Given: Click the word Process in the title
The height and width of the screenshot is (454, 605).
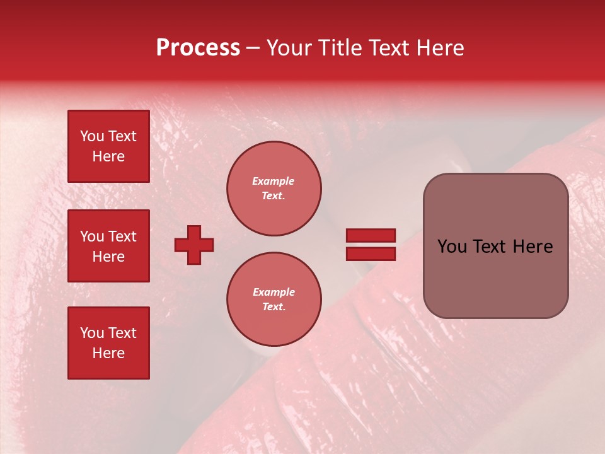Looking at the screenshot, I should click(198, 48).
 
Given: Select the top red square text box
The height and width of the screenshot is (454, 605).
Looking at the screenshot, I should click(108, 146).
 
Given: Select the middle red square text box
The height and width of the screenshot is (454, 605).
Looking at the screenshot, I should click(108, 246).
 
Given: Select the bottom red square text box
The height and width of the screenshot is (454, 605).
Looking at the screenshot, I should click(108, 343).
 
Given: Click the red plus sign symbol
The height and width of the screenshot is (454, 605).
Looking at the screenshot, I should click(194, 245).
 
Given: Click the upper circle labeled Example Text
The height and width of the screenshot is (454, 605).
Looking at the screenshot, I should click(274, 189).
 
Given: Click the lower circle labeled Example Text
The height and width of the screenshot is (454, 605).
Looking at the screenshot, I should click(274, 300).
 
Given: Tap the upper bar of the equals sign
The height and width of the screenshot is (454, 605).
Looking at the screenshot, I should click(371, 236).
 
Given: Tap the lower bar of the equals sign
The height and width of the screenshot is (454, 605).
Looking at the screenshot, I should click(371, 254).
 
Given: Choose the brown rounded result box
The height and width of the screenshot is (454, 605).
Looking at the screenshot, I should click(495, 246).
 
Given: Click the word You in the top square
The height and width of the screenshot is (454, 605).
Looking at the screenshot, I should click(92, 136).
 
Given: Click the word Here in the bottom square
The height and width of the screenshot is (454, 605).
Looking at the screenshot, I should click(108, 353).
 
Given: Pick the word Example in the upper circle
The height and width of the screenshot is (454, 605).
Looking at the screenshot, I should click(274, 181).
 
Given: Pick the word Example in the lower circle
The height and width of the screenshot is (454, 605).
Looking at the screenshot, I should click(274, 292).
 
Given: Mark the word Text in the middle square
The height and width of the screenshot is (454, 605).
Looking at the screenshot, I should click(122, 236).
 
